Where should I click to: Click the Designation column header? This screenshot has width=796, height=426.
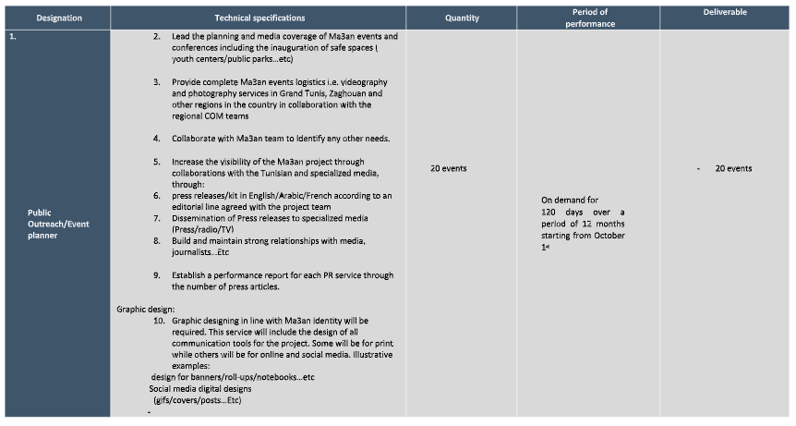click(x=59, y=18)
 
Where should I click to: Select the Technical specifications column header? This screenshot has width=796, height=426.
click(x=259, y=18)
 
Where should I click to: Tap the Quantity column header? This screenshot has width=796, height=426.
click(x=461, y=18)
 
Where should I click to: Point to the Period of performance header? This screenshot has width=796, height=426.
click(x=589, y=18)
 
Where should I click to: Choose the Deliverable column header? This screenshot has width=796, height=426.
click(x=725, y=12)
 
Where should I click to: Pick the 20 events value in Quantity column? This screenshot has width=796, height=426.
click(x=448, y=168)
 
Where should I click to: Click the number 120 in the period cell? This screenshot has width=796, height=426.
click(x=553, y=212)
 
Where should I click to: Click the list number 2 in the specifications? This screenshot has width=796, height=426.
click(x=157, y=36)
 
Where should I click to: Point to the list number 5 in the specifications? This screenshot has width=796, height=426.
click(x=157, y=161)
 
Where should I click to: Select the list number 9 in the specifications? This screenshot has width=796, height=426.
click(x=157, y=274)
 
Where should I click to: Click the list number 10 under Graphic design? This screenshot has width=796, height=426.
click(x=159, y=320)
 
